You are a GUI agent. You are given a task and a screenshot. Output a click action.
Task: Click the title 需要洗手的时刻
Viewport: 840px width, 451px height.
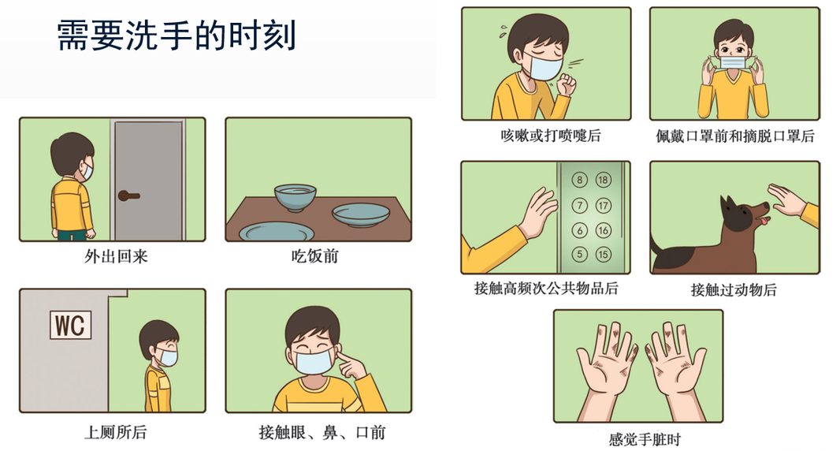(177, 35)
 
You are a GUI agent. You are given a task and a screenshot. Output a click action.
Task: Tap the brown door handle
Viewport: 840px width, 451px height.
(128, 196)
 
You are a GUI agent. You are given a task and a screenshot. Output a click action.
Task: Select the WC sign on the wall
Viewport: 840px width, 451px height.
(71, 324)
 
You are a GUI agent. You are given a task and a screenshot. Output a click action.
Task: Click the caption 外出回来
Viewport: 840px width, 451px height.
(116, 256)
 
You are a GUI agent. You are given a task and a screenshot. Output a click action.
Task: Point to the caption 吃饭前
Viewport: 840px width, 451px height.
(315, 256)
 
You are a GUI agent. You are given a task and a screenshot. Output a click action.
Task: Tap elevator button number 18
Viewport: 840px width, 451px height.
(604, 180)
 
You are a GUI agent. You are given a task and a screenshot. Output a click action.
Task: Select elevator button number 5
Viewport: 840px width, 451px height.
(579, 254)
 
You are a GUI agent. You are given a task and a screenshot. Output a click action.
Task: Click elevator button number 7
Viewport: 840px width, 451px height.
(579, 205)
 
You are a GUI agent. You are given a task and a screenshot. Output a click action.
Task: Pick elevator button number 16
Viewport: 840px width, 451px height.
(604, 230)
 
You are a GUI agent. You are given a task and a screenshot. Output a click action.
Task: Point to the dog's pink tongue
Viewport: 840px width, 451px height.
(764, 220)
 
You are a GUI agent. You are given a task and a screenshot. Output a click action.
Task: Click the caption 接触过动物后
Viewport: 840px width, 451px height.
(734, 290)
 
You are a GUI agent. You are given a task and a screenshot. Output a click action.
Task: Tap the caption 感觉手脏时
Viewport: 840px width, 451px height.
(645, 440)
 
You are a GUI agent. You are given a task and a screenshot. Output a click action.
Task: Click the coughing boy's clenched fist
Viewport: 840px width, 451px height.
(565, 84)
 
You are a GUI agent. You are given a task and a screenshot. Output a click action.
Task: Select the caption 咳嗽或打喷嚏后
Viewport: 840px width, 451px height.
(551, 136)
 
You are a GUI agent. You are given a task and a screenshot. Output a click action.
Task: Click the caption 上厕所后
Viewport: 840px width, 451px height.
(116, 432)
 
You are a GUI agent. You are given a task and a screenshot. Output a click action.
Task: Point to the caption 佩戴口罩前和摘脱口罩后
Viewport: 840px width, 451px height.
(735, 136)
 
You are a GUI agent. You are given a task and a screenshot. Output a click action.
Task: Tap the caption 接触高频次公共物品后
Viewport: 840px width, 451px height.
(546, 289)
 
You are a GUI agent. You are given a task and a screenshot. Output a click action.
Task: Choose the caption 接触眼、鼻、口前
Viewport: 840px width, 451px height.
(322, 432)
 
